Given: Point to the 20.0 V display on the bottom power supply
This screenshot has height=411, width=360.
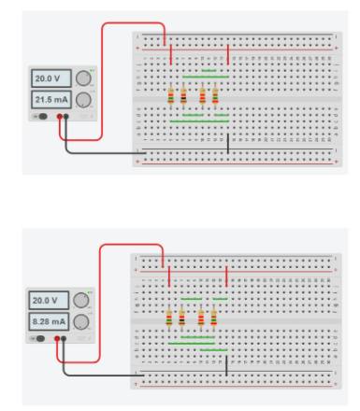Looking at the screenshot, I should pos(45,301).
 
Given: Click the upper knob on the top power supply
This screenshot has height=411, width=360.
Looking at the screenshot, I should pos(83,78).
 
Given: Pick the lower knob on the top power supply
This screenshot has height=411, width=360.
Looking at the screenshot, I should pos(83,99).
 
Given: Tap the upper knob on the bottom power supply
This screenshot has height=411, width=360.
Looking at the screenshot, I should pos(81,301).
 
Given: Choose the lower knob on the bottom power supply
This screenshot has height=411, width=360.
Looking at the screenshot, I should pos(81,321).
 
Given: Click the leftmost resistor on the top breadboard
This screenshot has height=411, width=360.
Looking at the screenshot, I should pos(170,95).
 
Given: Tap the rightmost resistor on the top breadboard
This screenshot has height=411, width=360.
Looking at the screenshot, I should pos(216,95).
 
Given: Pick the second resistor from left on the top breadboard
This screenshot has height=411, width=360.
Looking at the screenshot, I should pos(183,95).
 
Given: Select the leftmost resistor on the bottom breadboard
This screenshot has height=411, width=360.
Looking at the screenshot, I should pos(168,319).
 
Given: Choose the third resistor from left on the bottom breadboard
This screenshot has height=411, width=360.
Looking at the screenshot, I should pos(201,319).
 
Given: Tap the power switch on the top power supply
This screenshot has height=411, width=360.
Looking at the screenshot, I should pos(41,117).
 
